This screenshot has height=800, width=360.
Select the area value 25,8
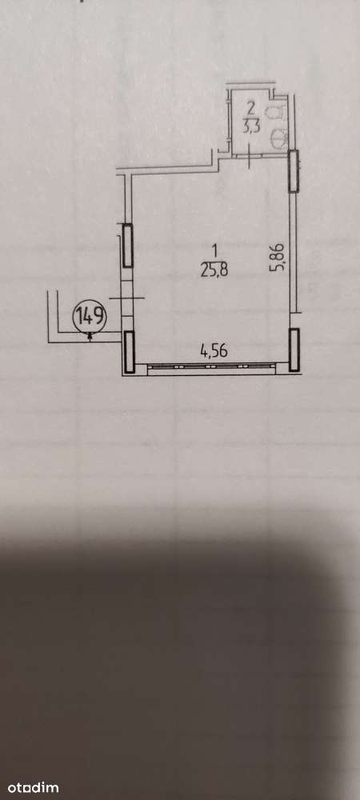pyautogui.click(x=214, y=270)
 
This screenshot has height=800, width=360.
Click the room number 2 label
pyautogui.click(x=250, y=108)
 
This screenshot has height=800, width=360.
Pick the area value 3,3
pyautogui.click(x=250, y=126)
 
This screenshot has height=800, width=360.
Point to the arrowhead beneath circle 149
pyautogui.click(x=90, y=335)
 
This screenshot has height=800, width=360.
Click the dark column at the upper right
pyautogui.click(x=294, y=171)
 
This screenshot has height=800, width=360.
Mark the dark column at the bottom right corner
pyautogui.click(x=294, y=350)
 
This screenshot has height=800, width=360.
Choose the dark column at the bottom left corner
pyautogui.click(x=129, y=352)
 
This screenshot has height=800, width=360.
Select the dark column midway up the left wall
pyautogui.click(x=127, y=246)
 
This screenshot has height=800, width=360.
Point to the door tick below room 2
pyautogui.click(x=248, y=157)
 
